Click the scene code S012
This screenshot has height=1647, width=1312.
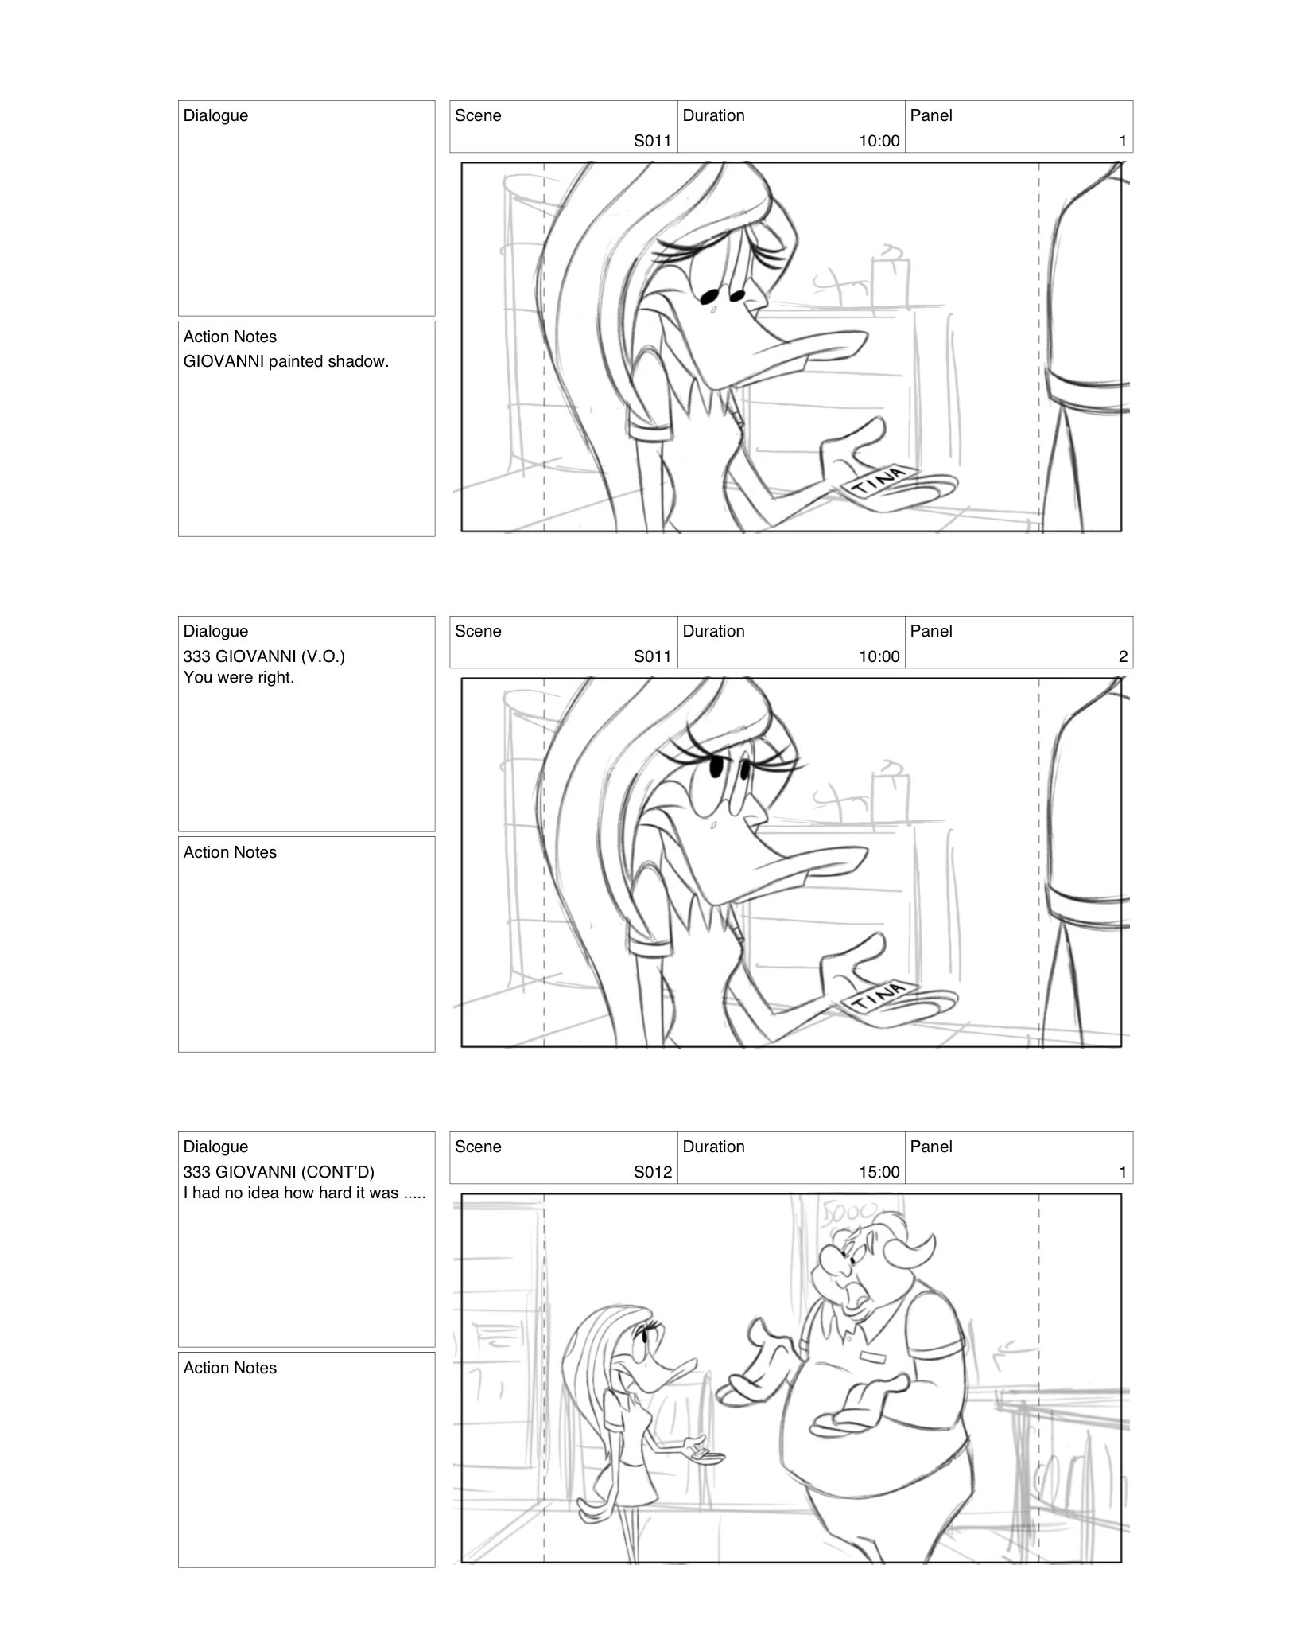click(652, 1172)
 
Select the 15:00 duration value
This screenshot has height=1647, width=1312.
click(879, 1172)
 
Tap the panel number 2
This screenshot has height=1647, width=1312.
click(1123, 656)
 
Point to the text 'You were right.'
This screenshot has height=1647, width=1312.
click(239, 677)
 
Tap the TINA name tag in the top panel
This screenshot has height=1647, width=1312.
click(878, 481)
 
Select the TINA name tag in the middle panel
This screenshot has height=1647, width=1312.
click(878, 996)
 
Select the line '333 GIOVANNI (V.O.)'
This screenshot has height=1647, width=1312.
click(264, 656)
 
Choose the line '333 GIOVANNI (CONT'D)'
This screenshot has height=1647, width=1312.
click(278, 1172)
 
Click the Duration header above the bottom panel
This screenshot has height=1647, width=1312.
click(713, 1147)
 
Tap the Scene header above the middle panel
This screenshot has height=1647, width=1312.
click(478, 631)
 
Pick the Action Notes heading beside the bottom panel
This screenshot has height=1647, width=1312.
click(230, 1368)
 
